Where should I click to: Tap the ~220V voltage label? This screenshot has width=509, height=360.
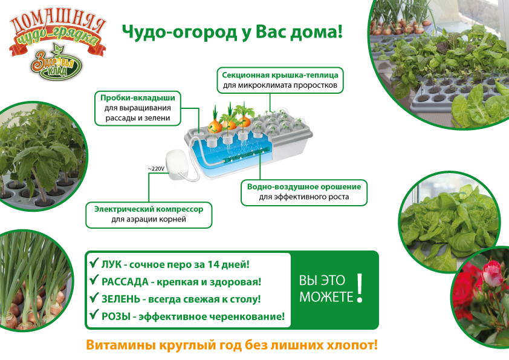(156, 169)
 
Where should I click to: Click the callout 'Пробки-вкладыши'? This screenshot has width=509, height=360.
(138, 108)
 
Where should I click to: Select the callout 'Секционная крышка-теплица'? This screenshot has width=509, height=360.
(280, 80)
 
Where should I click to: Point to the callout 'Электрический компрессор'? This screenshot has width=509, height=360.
(149, 214)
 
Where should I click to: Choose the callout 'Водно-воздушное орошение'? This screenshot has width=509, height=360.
(304, 192)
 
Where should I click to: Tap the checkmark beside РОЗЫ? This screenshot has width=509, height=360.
(94, 314)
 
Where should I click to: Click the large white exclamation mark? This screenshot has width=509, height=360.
(359, 288)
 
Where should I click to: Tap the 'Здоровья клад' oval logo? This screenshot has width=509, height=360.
(56, 63)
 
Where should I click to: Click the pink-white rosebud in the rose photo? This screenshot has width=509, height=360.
(493, 273)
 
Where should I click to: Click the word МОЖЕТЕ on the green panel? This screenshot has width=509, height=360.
(326, 297)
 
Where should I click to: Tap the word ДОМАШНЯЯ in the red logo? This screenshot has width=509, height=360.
(58, 23)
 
